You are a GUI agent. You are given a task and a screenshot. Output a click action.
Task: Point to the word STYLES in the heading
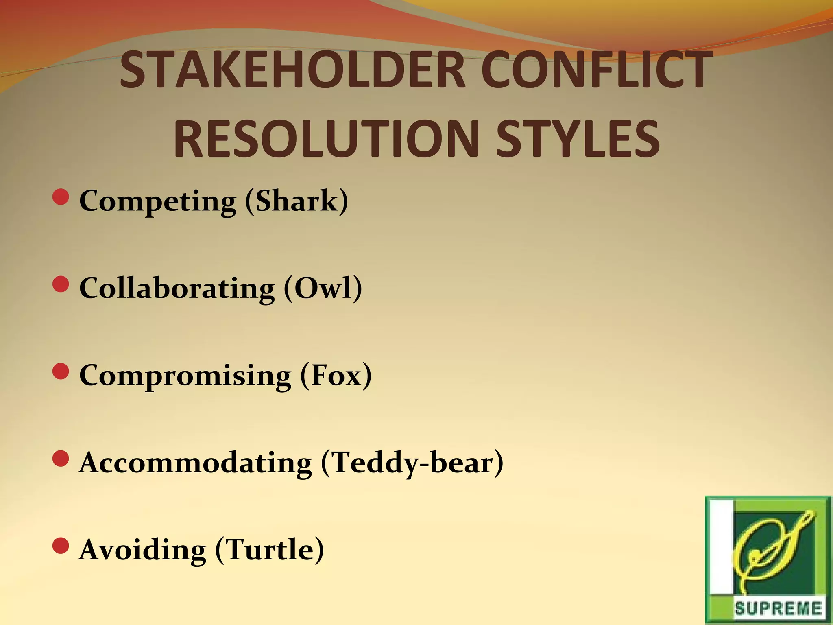578,139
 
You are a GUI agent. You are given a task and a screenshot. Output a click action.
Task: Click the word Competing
157,201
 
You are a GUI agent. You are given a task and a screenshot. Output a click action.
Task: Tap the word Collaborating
177,288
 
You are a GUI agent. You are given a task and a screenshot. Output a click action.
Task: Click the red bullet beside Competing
61,197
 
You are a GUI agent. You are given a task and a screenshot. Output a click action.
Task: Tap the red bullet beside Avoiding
61,546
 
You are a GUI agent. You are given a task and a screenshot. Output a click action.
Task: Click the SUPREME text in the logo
778,609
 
